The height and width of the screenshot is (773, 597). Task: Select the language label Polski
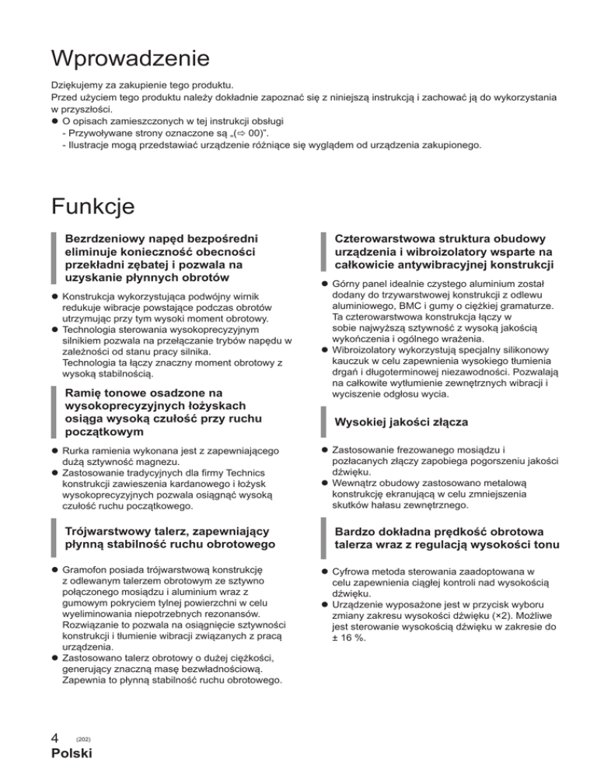coord(72,754)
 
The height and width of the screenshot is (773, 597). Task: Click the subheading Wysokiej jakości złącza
coord(400,421)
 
